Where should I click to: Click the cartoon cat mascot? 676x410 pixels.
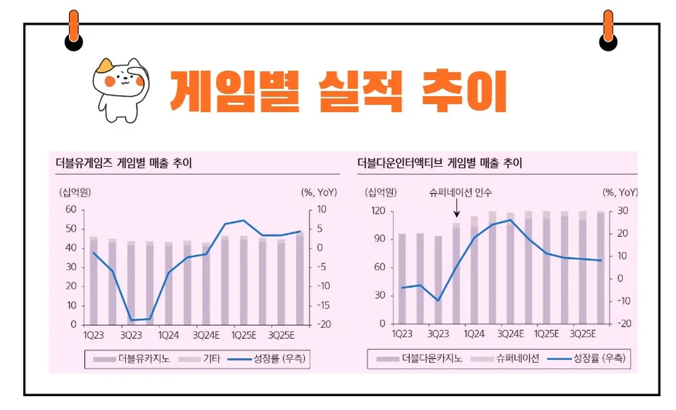pos(120,88)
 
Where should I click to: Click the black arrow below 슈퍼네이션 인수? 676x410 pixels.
pos(456,209)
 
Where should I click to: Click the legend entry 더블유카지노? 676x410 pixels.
pos(133,359)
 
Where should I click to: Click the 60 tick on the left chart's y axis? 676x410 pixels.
pos(70,209)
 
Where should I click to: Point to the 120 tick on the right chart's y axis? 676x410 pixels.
pos(377,211)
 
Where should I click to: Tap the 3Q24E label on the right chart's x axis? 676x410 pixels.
pos(510,334)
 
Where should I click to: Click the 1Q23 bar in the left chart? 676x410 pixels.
pos(93,281)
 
